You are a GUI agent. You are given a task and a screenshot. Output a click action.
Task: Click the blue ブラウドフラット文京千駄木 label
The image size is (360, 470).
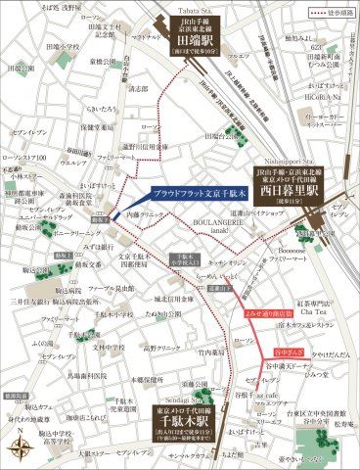[x=202, y=194]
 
